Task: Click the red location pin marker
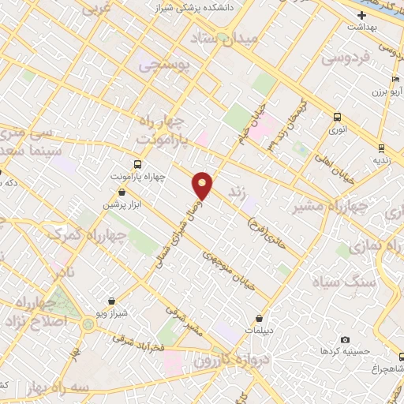[x=203, y=185]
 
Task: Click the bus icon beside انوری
[x=337, y=115]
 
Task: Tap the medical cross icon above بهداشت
[x=362, y=15]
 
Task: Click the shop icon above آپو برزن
[x=396, y=80]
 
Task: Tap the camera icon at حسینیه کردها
[x=345, y=339]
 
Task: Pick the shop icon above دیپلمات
[x=259, y=319]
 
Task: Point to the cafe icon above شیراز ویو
[x=112, y=301]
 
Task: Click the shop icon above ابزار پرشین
[x=120, y=191]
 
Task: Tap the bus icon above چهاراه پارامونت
[x=139, y=164]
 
